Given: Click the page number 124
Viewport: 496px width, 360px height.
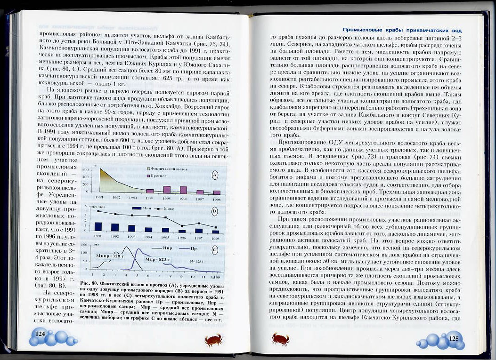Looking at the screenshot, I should tap(40, 334).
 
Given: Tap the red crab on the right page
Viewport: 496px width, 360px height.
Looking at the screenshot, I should tap(281, 338).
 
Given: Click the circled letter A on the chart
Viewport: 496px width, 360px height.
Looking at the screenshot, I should tap(214, 175).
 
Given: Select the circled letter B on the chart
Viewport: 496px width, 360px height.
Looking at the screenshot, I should tap(214, 211).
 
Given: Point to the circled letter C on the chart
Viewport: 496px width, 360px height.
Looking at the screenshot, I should tap(214, 250).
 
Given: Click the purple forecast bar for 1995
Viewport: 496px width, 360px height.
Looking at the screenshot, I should tap(167, 190).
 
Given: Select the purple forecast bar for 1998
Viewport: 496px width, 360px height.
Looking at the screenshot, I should tap(217, 192).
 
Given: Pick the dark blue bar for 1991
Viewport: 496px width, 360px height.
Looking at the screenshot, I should tap(98, 227).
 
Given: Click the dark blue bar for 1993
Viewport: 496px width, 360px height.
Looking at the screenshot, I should tap(132, 228).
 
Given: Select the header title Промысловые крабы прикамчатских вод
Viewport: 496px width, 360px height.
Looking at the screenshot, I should tap(408, 29).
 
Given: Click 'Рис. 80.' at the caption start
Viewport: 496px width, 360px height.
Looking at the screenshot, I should tap(89, 284).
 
